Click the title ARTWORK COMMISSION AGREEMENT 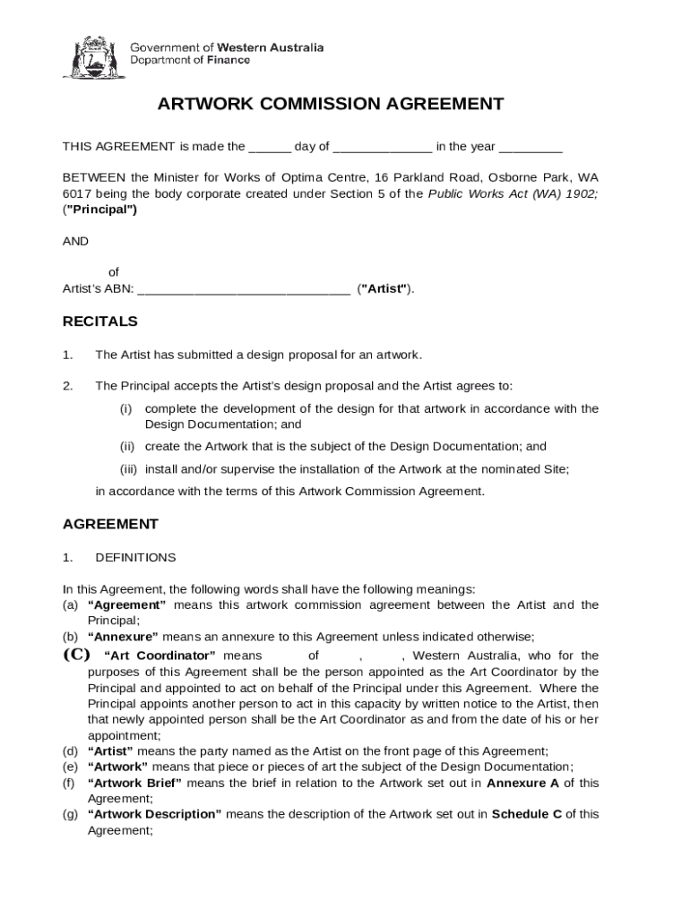pos(331,104)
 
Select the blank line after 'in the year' pos(530,148)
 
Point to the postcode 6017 pos(76,193)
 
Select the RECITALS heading pos(99,321)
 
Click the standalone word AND pos(75,242)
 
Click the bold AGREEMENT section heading pos(110,524)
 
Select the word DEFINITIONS pos(135,557)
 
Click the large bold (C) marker pos(76,655)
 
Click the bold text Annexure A pos(522,783)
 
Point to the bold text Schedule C pos(526,814)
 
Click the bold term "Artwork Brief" pos(134,783)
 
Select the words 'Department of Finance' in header pos(190,60)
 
